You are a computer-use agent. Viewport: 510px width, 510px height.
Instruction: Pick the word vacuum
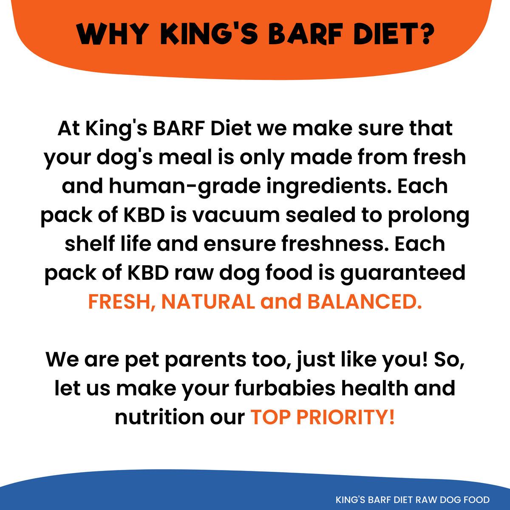click(x=236, y=215)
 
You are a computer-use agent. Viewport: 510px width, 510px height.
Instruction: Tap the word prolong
click(x=429, y=217)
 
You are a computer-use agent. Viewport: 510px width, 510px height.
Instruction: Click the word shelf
click(x=90, y=244)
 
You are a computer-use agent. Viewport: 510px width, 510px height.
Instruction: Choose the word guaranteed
click(x=403, y=274)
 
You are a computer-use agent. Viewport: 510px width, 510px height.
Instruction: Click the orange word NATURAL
click(x=208, y=302)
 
